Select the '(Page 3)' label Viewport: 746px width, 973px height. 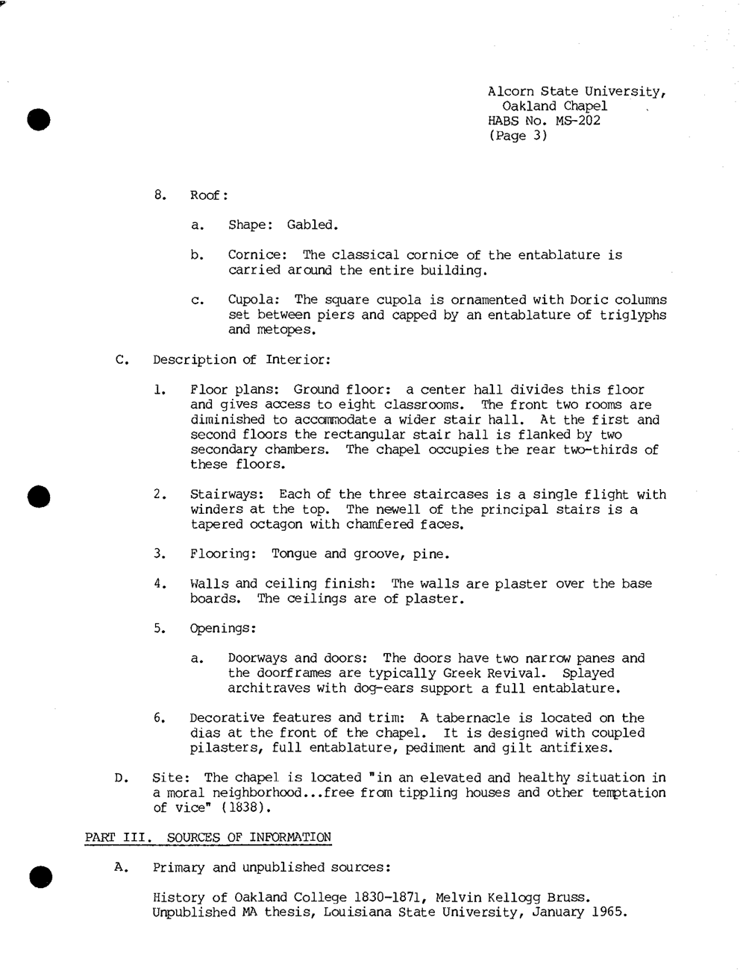pyautogui.click(x=518, y=136)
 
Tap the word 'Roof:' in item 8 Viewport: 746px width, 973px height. pyautogui.click(x=209, y=195)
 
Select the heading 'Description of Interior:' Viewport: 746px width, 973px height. pyautogui.click(x=242, y=359)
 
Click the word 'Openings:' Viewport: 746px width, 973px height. pyautogui.click(x=223, y=629)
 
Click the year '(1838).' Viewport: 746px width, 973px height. pyautogui.click(x=223, y=807)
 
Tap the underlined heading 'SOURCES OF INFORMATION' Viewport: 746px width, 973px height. pyautogui.click(x=249, y=837)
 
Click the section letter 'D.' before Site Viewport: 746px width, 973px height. pyautogui.click(x=122, y=778)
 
